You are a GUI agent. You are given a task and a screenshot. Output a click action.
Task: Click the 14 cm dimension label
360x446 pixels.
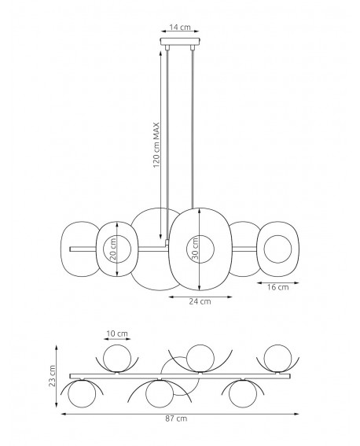tap(180, 27)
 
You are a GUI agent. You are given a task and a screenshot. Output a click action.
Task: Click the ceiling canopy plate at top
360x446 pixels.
tap(180, 42)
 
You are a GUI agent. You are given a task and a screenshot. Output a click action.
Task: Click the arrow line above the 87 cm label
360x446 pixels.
tap(181, 410)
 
